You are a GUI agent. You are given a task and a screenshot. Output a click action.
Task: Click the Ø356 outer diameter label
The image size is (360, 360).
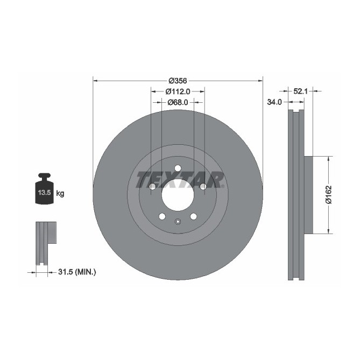pos(178,81)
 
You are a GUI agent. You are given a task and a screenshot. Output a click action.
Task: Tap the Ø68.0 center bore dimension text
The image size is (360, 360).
pos(178,102)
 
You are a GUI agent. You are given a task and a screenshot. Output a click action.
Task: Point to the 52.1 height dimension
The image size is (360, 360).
pos(300,92)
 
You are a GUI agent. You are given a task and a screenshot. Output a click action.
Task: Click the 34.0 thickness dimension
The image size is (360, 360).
pos(274,102)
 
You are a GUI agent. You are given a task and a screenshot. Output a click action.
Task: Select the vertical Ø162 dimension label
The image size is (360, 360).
pos(328,195)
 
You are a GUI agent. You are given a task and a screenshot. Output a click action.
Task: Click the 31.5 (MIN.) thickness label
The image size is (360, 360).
pos(75,272)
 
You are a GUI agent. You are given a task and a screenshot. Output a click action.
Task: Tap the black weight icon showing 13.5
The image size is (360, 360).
pos(44,189)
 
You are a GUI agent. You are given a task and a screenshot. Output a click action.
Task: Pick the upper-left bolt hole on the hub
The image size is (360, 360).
pos(152,187)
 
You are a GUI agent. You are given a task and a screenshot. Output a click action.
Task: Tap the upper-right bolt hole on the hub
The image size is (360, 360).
pos(203,187)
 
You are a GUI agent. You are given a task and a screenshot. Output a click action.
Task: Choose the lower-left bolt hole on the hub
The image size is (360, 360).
pos(162,216)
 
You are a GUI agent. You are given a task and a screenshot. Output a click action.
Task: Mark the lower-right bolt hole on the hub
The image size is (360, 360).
pos(193,216)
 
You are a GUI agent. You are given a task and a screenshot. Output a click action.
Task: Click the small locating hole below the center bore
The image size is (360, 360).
pos(178,222)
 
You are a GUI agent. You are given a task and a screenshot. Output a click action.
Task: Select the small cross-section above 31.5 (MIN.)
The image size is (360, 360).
pos(45,242)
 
